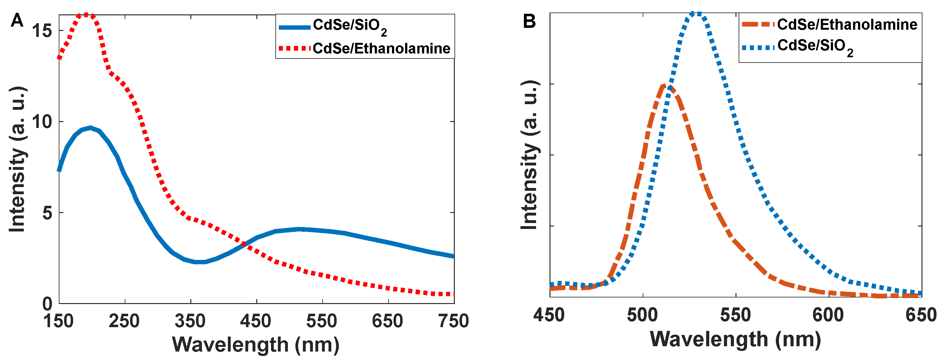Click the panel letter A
17,21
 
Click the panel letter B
529,21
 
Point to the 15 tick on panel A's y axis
42,30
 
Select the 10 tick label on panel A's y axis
42,121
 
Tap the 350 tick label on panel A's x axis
190,321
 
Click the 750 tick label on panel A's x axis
453,321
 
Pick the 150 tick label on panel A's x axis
59,321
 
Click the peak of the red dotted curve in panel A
86,15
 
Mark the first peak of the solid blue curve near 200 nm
90,128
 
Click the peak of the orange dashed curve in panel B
664,86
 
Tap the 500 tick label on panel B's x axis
642,315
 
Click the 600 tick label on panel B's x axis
828,315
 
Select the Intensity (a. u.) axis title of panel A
17,160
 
